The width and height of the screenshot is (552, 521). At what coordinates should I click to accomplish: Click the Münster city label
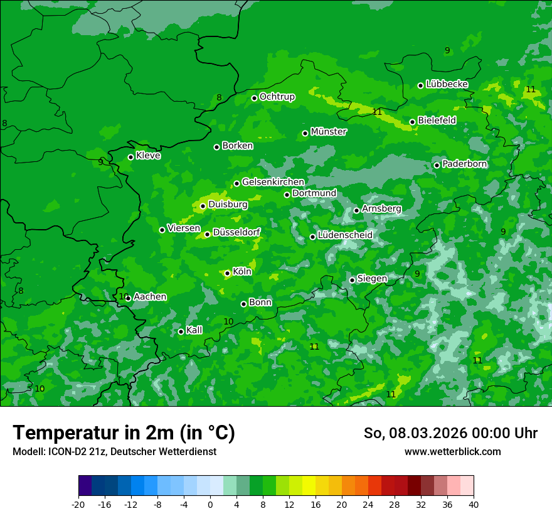(328, 132)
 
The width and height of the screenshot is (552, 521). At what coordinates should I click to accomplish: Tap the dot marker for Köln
(227, 273)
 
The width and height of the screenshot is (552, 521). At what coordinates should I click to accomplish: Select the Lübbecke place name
(447, 84)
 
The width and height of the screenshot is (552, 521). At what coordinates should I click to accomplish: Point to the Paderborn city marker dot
(437, 165)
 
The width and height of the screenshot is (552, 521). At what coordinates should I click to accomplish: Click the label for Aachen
(150, 297)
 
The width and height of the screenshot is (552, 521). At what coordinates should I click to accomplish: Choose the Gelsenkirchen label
(273, 182)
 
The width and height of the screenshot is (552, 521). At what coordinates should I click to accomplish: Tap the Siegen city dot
(352, 280)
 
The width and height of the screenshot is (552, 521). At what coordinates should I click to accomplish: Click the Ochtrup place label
(277, 97)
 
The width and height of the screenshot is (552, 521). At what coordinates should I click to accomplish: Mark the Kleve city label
(148, 156)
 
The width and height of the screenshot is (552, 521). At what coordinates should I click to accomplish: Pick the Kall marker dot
(181, 331)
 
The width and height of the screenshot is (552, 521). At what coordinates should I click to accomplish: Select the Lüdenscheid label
(345, 235)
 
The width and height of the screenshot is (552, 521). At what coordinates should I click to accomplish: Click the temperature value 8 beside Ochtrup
(219, 97)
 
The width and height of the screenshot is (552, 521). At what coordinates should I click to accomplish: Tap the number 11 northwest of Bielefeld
(377, 112)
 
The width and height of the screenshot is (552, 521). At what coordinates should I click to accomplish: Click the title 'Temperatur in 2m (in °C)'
(124, 433)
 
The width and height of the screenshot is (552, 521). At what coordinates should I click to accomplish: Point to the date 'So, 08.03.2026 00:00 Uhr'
(450, 433)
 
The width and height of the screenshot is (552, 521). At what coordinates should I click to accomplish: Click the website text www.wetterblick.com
(452, 451)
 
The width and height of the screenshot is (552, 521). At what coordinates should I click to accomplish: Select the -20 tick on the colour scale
(78, 504)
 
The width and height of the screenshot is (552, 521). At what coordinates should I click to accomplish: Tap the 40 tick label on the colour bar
(473, 504)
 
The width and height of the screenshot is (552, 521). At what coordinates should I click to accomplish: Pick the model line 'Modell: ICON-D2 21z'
(114, 451)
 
